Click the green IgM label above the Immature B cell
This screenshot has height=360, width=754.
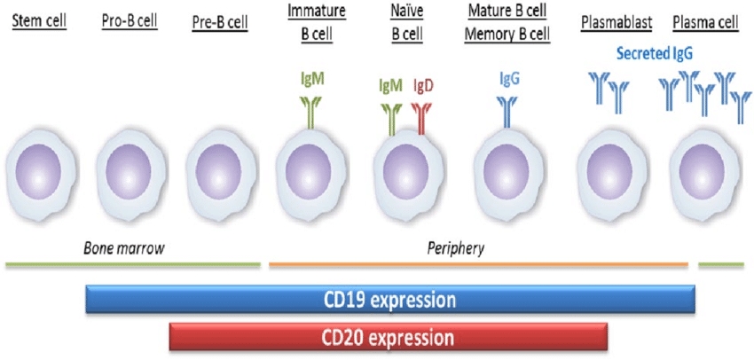pos(312,79)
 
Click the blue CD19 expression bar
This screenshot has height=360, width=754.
pos(390,299)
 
